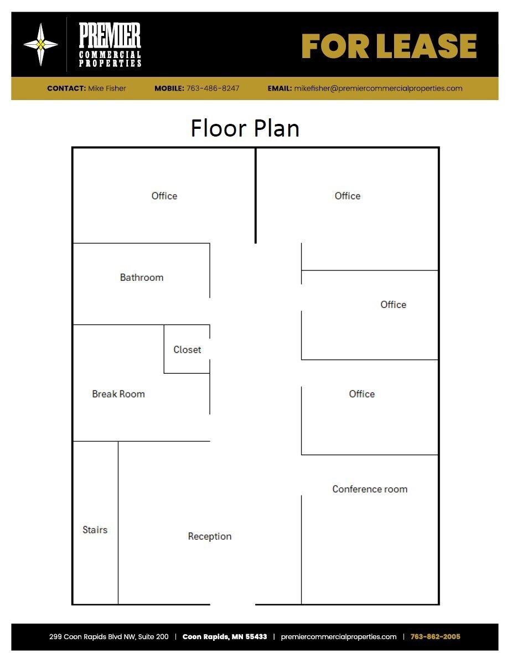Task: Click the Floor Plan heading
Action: point(245,128)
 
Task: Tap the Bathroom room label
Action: point(142,278)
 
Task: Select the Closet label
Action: point(187,349)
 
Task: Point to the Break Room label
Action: point(118,394)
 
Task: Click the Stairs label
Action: point(95,530)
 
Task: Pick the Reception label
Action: point(210,536)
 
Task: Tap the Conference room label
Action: point(370,489)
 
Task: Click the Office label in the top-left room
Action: point(164,196)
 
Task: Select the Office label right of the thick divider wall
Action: point(348,196)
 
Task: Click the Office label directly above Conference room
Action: point(362,394)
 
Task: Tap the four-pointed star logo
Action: point(40,44)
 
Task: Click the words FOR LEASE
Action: point(389,46)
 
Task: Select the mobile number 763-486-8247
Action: point(213,88)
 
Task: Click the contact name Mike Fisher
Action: point(107,88)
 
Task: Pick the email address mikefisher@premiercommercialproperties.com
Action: point(378,88)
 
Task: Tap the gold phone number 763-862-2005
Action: point(435,636)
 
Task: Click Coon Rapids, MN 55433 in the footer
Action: point(225,636)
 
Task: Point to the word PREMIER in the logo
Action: point(110,35)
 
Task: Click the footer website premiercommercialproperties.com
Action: point(339,637)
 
